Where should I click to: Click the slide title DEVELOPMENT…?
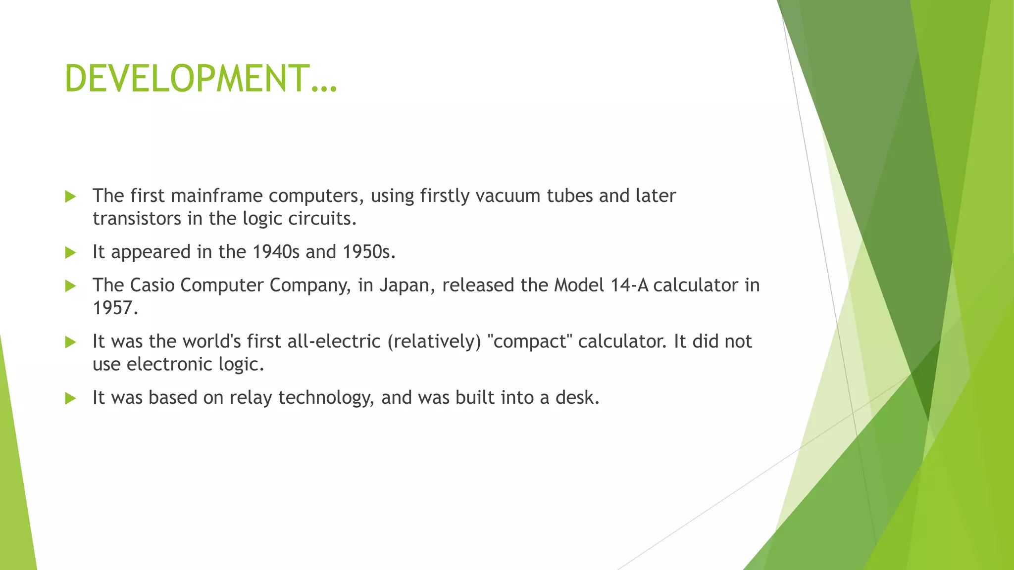[x=201, y=79]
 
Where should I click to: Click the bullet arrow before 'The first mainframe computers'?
[x=71, y=196]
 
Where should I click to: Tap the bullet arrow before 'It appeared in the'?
[x=71, y=253]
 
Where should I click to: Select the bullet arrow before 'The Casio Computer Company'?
[x=71, y=285]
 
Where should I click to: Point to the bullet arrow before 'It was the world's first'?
[x=71, y=342]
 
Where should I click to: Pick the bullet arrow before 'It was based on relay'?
[x=71, y=398]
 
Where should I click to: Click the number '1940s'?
[x=276, y=252]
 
